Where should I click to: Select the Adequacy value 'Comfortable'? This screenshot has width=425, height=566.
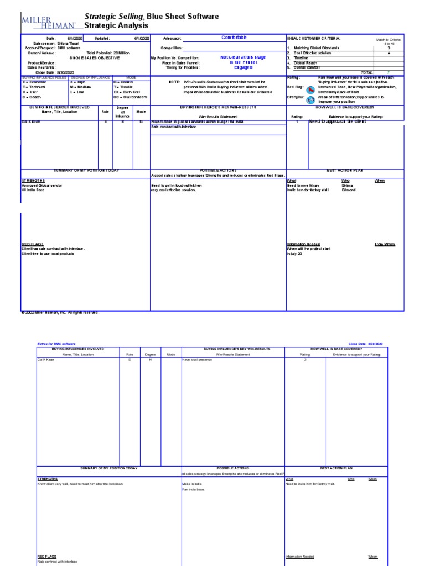pyautogui.click(x=234, y=38)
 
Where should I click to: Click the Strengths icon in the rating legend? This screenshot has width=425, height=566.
pyautogui.click(x=311, y=97)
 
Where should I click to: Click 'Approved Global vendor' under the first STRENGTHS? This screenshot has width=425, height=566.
pyautogui.click(x=40, y=185)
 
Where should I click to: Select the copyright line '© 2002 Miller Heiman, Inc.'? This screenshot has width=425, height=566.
pyautogui.click(x=60, y=312)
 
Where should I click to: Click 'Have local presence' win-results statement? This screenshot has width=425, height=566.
pyautogui.click(x=197, y=359)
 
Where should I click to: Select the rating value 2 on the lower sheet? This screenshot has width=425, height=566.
pyautogui.click(x=305, y=359)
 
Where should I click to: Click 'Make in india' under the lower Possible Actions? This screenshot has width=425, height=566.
pyautogui.click(x=191, y=484)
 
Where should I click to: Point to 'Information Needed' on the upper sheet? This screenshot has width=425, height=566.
pyautogui.click(x=303, y=244)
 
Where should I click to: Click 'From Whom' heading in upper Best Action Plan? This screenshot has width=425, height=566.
pyautogui.click(x=385, y=244)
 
